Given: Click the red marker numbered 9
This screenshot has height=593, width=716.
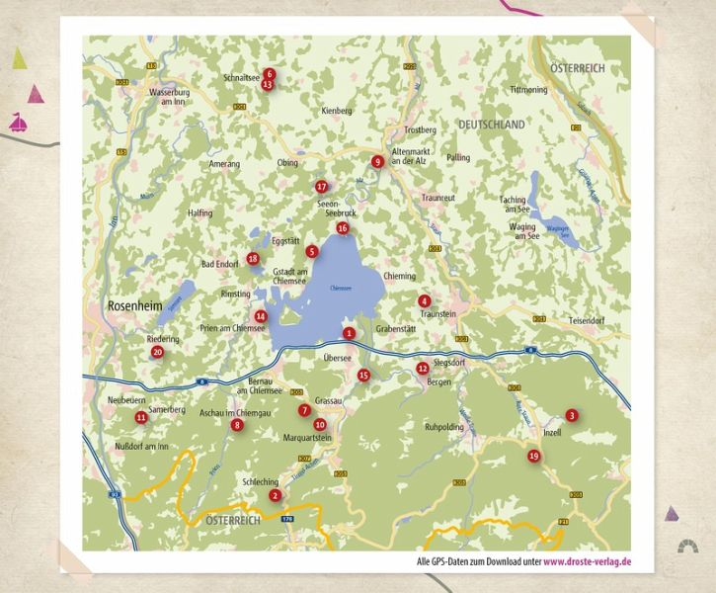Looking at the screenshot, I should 376,161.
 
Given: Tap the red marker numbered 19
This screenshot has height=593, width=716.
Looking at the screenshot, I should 534,456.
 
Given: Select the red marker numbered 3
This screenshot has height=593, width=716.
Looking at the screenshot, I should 571,415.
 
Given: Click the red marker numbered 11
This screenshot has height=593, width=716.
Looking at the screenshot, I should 141,418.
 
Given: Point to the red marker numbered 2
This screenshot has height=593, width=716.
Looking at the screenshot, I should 276,495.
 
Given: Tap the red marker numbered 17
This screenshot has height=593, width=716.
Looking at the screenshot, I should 321,186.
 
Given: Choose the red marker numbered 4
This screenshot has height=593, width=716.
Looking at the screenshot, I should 424,300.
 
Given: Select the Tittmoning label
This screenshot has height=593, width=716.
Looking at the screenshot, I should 528,90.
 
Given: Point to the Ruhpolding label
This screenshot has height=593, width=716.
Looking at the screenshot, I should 442,428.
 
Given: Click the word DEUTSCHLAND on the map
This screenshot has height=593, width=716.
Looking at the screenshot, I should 492,126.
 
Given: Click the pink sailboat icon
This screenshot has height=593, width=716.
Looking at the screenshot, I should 19,124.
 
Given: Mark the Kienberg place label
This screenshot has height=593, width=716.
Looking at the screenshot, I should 337,111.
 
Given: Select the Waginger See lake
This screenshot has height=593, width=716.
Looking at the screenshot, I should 556,228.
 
